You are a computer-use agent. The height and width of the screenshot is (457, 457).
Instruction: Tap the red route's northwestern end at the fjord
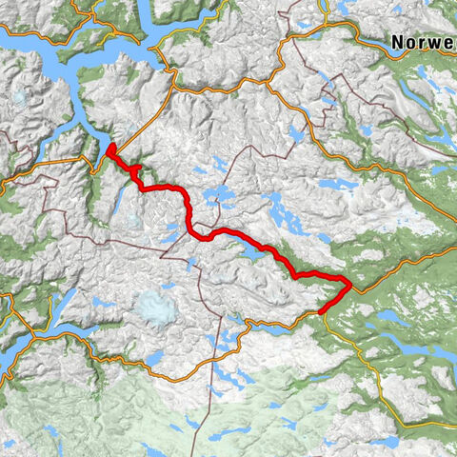[110, 148]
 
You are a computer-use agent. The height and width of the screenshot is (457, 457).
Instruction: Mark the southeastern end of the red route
[321, 311]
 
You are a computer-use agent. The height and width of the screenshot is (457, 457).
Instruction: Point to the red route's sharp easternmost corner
[349, 283]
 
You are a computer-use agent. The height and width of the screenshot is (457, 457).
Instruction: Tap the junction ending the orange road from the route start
[170, 69]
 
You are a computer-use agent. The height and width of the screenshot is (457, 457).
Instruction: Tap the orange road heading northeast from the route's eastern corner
[400, 261]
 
